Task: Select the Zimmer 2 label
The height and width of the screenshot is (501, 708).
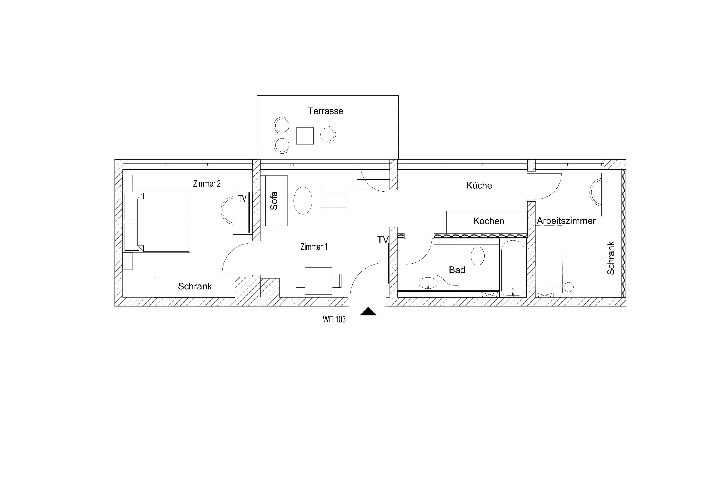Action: click(x=207, y=184)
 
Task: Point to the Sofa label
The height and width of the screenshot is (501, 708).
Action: click(x=274, y=201)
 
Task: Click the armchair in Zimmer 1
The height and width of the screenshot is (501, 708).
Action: click(x=333, y=200)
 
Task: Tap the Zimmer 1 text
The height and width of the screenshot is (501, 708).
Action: click(x=314, y=247)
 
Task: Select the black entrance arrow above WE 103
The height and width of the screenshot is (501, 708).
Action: click(x=368, y=311)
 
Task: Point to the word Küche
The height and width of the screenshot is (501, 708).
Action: click(x=479, y=185)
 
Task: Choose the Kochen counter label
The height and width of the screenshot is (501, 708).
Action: click(x=489, y=221)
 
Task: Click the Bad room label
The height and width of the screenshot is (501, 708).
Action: click(x=457, y=270)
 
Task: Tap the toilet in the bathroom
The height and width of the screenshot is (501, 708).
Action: click(x=478, y=255)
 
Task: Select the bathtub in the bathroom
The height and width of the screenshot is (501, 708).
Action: click(x=513, y=268)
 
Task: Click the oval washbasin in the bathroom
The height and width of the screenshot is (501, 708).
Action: click(x=428, y=283)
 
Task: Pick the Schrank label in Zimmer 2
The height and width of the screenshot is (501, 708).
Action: click(x=195, y=286)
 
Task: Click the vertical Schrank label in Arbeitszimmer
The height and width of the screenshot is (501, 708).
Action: click(x=611, y=258)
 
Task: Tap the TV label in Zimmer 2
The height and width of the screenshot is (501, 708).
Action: click(x=242, y=199)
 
